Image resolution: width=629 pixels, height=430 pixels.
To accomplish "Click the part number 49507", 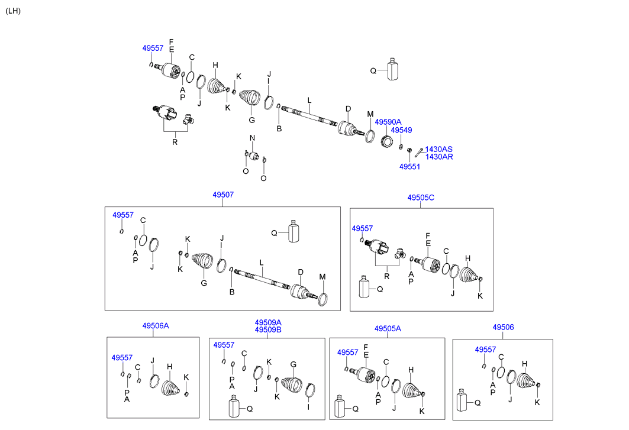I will [x=222, y=195].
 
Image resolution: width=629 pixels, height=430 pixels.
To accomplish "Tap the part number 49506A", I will [x=155, y=326].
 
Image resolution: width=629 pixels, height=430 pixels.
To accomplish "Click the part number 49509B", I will [x=268, y=329].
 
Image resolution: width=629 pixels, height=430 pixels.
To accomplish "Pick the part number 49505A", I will [x=388, y=328].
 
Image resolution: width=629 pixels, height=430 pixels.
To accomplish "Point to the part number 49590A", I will [x=388, y=122].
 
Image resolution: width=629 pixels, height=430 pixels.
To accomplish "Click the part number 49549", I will [x=401, y=130].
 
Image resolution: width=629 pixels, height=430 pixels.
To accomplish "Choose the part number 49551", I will [x=409, y=167].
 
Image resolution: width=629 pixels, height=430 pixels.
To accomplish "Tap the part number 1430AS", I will [x=439, y=150].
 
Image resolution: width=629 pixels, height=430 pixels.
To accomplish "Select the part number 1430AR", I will [x=439, y=157].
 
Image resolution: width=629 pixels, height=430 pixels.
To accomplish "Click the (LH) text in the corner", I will [x=13, y=11].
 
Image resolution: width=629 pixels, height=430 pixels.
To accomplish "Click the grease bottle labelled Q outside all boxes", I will [x=392, y=69].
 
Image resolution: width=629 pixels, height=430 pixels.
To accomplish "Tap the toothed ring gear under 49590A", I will [x=388, y=143].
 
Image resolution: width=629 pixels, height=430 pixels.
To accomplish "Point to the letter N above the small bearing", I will [x=251, y=138].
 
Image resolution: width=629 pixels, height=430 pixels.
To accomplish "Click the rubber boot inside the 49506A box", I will [x=170, y=389].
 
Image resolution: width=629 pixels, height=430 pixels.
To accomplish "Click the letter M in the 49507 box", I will [x=322, y=277].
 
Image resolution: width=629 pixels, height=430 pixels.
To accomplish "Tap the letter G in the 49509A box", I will [x=292, y=364].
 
